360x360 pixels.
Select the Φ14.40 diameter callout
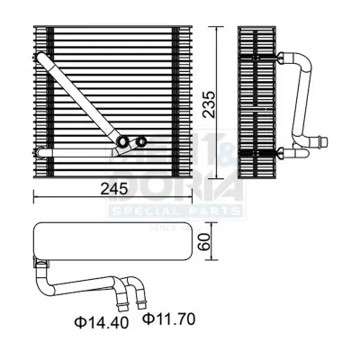(96, 318)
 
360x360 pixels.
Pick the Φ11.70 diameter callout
(170, 318)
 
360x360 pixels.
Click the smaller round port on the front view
(141, 139)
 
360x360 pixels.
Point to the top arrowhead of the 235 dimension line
(217, 31)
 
